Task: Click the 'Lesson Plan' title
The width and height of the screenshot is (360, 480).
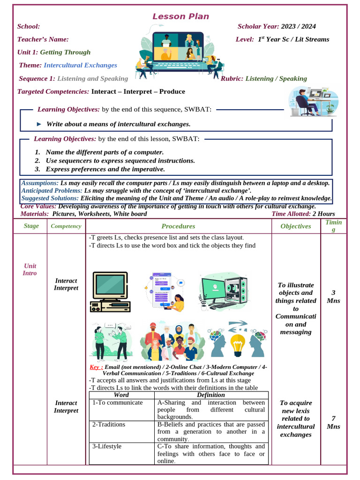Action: (180, 16)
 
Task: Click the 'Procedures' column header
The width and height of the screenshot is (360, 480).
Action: (178, 226)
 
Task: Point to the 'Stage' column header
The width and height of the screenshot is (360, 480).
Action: (31, 226)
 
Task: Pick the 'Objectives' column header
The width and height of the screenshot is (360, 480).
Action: (296, 226)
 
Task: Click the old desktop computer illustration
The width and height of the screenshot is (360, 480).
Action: (110, 292)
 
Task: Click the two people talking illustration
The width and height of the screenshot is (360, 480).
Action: (111, 341)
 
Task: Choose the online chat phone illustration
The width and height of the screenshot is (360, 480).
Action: (165, 291)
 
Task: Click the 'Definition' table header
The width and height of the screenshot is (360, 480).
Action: (211, 395)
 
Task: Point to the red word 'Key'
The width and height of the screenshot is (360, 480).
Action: (95, 367)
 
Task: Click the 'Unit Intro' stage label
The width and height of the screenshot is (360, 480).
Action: (30, 270)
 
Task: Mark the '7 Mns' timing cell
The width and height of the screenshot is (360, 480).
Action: (333, 422)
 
